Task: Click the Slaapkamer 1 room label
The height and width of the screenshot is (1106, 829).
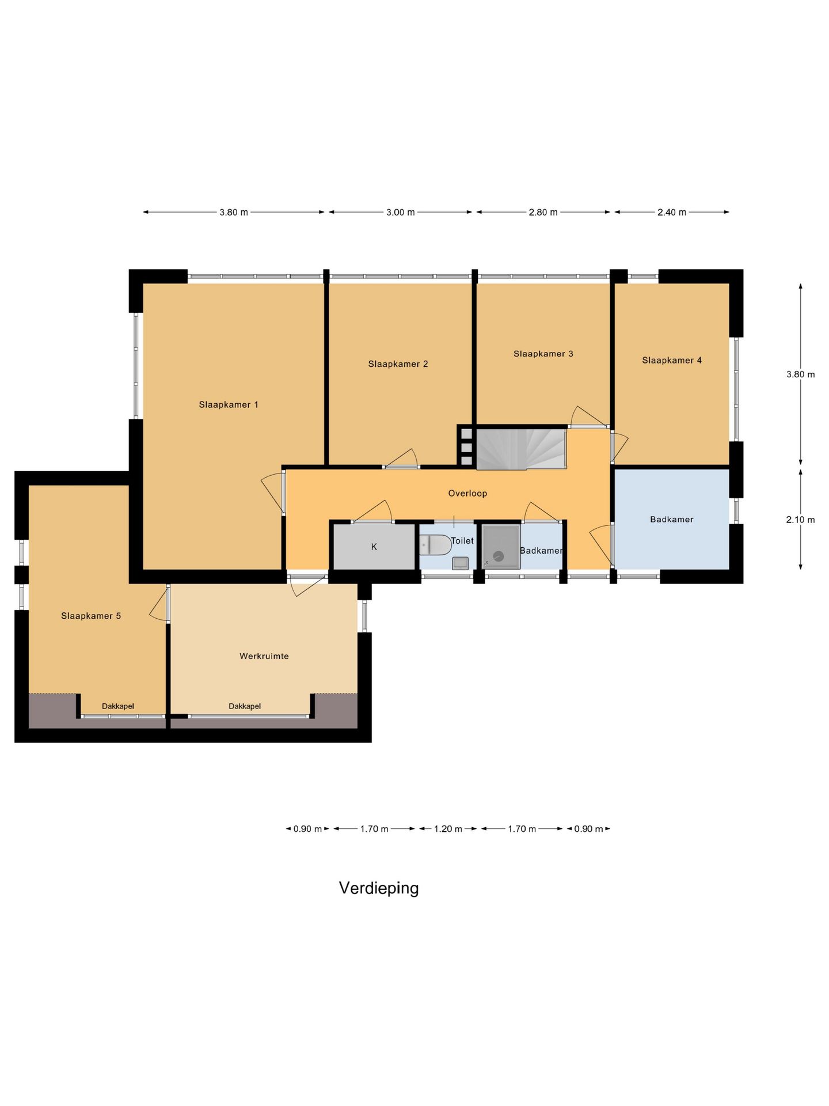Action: (229, 405)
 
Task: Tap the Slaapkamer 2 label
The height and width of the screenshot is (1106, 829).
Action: (398, 364)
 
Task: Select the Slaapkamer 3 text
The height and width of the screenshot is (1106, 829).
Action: (543, 354)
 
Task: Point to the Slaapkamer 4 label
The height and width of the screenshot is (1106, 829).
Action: (672, 361)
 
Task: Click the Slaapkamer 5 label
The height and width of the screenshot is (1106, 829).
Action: (91, 616)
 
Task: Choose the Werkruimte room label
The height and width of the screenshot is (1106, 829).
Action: (264, 656)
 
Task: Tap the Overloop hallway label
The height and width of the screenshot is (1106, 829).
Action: (467, 493)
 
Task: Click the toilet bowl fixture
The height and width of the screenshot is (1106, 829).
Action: (435, 545)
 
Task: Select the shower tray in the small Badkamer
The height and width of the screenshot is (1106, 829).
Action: (501, 547)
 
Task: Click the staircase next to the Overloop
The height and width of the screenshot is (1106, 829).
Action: (521, 449)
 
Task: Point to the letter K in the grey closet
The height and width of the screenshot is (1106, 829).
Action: (374, 547)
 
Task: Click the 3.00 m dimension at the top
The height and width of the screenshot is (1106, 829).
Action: (400, 212)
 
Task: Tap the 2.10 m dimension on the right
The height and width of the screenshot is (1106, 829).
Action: (800, 520)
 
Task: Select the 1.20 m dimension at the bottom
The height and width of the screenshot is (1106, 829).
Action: (448, 829)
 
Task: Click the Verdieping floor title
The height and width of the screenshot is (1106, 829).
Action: (379, 888)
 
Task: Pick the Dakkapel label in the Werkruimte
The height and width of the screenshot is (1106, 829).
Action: (245, 706)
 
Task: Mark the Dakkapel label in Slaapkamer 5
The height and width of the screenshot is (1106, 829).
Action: (118, 706)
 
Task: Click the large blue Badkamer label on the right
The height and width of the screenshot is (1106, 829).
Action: (672, 520)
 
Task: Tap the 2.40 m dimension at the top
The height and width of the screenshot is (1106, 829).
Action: (672, 212)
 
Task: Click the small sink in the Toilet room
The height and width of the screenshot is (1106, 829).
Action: (460, 563)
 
